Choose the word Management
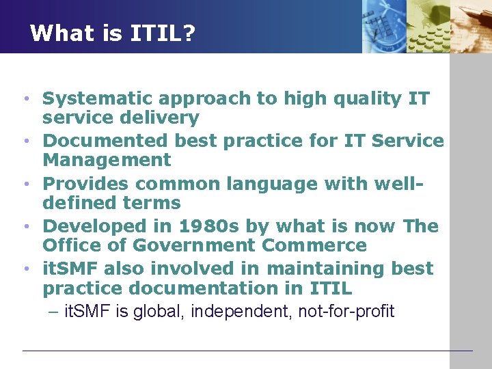(107, 160)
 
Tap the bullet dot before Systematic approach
(26, 99)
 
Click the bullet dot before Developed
(26, 227)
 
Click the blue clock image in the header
(383, 26)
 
